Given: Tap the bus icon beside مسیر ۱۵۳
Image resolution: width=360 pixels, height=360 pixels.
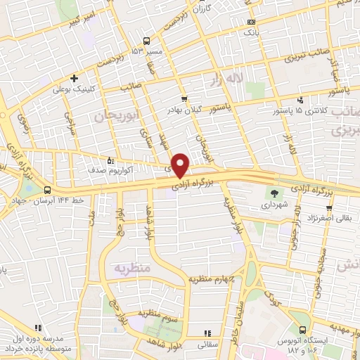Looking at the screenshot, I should coord(146,40).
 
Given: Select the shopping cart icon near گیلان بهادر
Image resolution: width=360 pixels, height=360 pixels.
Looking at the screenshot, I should coord(184,99).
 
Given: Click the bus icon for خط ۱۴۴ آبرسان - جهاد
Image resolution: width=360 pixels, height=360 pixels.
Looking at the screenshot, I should coord(47,190).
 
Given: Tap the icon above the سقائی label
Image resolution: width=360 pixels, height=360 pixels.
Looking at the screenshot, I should coord(207,333).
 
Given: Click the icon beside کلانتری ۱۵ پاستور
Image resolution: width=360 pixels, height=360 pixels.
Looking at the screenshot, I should coord(301,99).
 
